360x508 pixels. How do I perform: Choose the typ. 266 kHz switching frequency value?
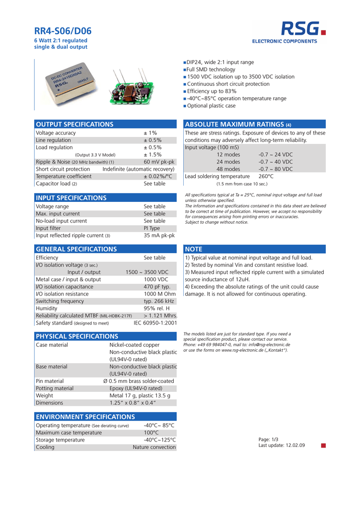coord(159,301)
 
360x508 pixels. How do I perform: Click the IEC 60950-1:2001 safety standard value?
coord(155,323)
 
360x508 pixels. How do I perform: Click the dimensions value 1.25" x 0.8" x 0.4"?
coord(133,403)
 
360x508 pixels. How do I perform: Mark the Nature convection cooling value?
coord(154,447)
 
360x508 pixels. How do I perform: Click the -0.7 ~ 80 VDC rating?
coord(276,169)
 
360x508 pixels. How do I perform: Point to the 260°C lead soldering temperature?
coord(266,176)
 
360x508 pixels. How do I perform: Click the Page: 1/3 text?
coord(269,439)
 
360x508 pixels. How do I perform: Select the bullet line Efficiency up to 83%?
coord(212,91)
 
